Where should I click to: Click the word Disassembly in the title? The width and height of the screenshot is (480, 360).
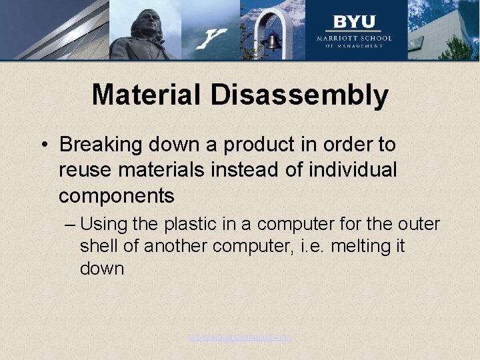tap(299, 95)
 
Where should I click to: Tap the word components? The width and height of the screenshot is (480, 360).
tap(117, 196)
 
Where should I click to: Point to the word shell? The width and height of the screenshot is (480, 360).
tap(100, 246)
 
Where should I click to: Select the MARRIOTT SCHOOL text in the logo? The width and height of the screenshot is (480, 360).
tap(355, 38)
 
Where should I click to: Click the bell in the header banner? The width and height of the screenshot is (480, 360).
tap(272, 41)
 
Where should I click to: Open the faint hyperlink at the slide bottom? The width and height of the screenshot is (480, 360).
tap(240, 337)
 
